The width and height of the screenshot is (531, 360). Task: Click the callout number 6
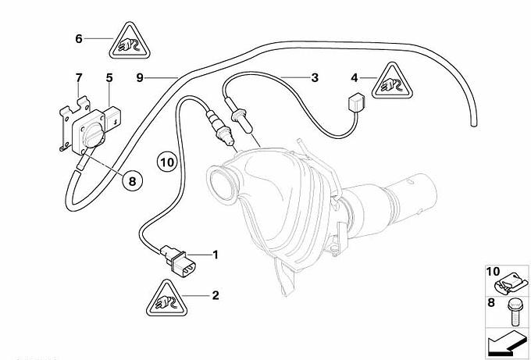[79, 39]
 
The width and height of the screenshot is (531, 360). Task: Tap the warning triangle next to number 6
[130, 42]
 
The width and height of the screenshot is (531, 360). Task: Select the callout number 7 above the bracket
[79, 78]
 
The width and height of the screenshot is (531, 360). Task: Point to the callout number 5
[109, 78]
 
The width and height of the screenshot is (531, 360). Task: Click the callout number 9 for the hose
[140, 78]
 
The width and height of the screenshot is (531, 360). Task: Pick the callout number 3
[315, 78]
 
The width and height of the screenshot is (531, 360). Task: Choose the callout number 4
[355, 78]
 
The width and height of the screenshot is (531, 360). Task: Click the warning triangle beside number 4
[392, 82]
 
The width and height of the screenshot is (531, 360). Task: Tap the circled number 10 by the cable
[167, 162]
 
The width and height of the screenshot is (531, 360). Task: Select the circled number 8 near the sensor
[132, 181]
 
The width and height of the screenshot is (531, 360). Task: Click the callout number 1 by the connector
[216, 255]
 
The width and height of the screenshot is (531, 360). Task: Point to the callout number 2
[216, 295]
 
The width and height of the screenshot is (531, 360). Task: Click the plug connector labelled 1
[177, 261]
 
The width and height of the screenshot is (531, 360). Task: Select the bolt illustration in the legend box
[513, 312]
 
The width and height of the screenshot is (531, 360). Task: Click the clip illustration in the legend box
[513, 285]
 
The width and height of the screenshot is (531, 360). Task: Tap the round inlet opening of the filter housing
[223, 185]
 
